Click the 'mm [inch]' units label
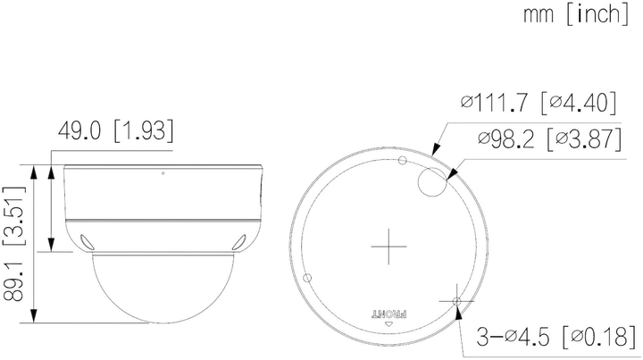pos(576,14)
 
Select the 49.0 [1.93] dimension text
pos(115,130)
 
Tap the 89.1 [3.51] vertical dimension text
pos(14,244)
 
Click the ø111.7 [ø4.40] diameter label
pos(539,102)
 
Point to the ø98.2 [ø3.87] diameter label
pos(549,138)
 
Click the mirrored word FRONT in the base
pos(389,314)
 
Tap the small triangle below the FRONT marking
pos(389,324)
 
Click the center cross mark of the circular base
pos(388,247)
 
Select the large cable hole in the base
pos(432,181)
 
